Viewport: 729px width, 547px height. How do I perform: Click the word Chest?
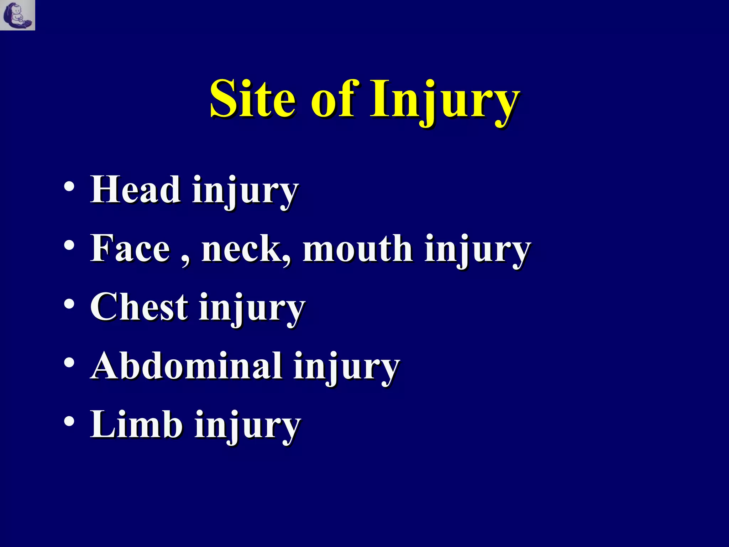tap(139, 307)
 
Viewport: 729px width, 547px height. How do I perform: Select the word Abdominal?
tap(187, 366)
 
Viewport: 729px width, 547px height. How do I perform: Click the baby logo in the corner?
tap(17, 15)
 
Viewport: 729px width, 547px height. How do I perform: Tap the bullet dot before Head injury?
tap(69, 187)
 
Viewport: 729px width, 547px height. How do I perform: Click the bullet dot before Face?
tap(69, 245)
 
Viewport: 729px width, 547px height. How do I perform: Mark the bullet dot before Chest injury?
tap(69, 304)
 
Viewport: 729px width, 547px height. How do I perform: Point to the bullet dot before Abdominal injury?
tap(69, 363)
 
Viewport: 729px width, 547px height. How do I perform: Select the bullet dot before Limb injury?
tap(69, 422)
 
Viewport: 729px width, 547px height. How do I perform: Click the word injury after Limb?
tap(247, 427)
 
